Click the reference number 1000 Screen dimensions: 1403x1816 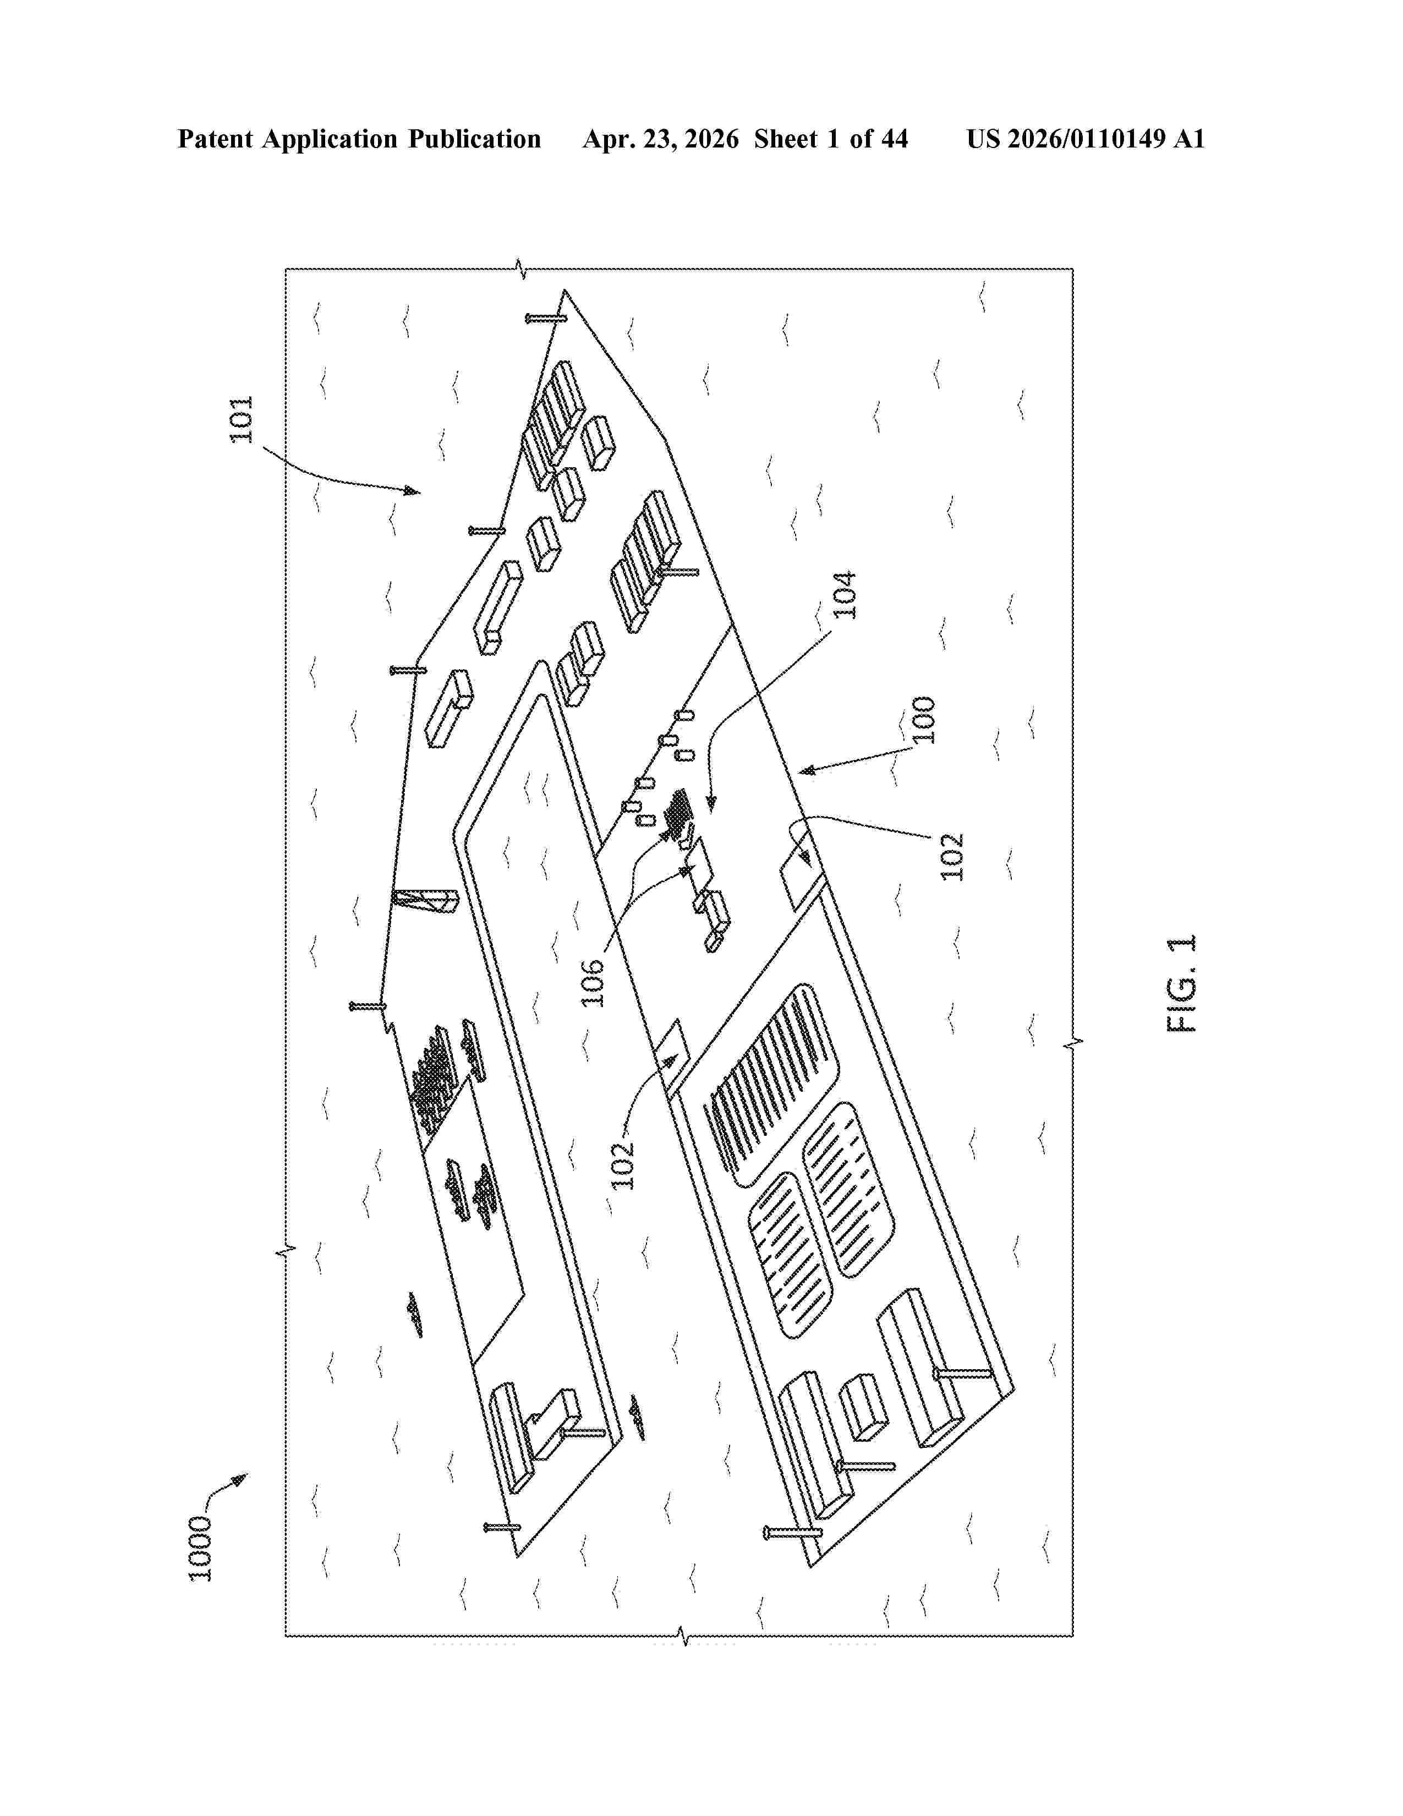point(200,1548)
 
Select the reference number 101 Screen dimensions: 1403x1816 point(241,420)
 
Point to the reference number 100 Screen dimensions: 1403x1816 point(923,720)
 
